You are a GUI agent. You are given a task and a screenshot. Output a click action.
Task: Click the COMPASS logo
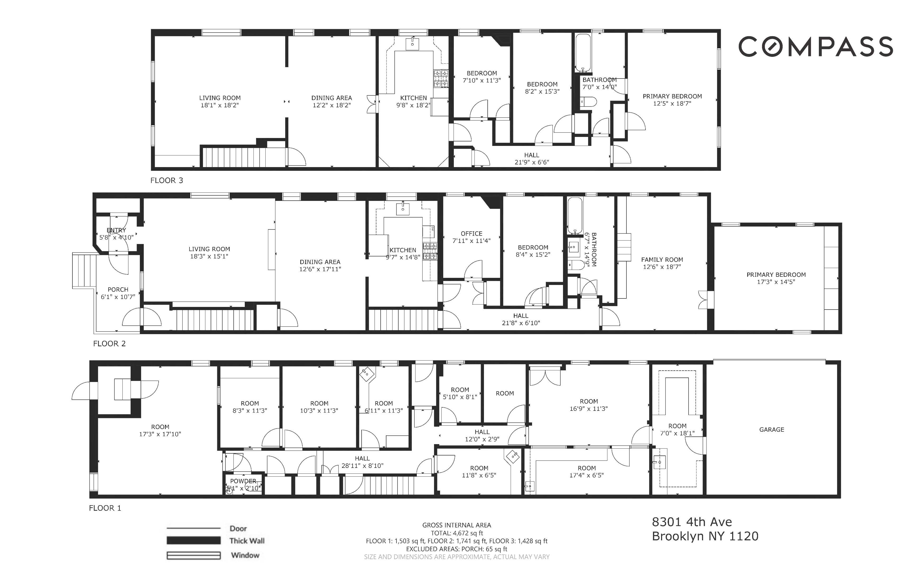pos(815,47)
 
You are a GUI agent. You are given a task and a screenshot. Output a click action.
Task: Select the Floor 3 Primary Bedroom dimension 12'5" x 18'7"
pos(672,103)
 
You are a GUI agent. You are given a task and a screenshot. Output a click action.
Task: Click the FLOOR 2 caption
pos(109,344)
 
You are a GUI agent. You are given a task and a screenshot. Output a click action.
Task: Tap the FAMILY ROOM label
pos(662,259)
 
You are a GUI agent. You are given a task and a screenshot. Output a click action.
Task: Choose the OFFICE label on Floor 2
pos(471,234)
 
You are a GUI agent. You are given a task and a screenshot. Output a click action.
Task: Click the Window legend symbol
pos(194,555)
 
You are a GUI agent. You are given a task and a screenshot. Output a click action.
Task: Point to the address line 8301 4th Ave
pos(692,522)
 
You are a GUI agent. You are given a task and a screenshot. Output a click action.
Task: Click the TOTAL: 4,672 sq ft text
pos(456,533)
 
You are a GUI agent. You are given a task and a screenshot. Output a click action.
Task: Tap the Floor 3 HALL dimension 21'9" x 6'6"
pos(531,162)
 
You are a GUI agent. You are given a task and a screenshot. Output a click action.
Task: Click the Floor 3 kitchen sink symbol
pos(413,43)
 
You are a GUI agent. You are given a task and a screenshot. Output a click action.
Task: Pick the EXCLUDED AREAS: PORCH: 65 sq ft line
pos(456,549)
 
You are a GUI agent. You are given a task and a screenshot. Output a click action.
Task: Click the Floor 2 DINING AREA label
pos(320,262)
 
